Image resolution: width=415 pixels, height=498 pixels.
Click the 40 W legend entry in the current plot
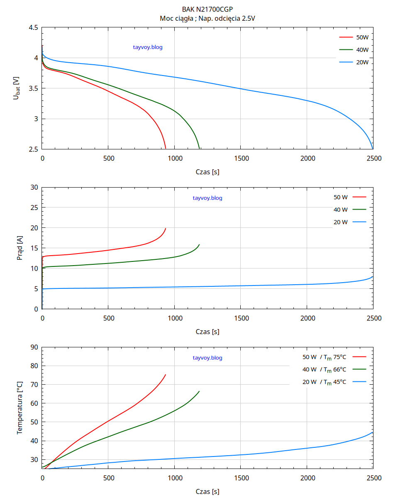[x=341, y=210]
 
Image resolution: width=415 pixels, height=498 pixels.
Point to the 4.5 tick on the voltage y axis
[x=34, y=28]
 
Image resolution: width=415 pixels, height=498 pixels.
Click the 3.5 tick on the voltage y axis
[x=34, y=88]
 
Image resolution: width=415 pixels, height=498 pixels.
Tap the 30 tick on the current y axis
[x=34, y=188]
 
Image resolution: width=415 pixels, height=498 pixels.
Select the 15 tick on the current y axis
[x=34, y=248]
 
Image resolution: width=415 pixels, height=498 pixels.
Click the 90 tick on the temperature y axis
[x=34, y=347]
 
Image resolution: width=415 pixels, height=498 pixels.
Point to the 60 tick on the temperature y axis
[x=34, y=403]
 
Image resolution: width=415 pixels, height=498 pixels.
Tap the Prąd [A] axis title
[x=20, y=248]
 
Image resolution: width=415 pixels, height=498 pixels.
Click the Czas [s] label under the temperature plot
[x=207, y=492]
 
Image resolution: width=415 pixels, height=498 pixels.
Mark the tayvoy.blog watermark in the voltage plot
[x=148, y=47]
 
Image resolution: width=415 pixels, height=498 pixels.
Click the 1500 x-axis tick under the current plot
[x=241, y=318]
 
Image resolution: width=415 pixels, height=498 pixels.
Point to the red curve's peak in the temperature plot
[x=166, y=374]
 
